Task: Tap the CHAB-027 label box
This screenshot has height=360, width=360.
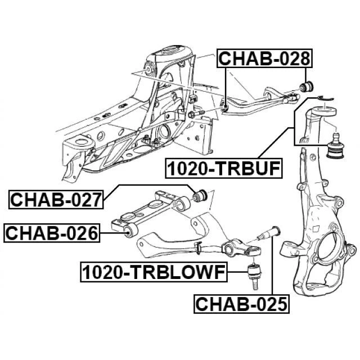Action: [55, 199]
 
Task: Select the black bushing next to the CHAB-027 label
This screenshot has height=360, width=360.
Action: [200, 196]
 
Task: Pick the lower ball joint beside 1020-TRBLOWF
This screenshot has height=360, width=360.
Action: [253, 273]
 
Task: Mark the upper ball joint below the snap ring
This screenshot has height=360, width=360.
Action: [336, 145]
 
